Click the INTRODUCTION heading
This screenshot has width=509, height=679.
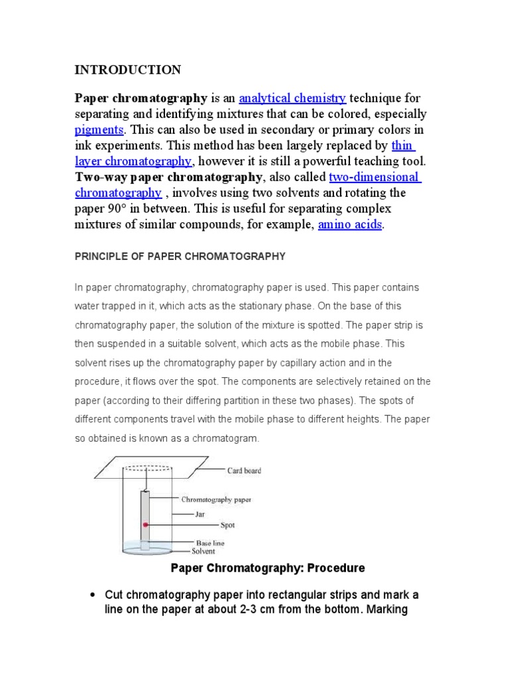coord(127,70)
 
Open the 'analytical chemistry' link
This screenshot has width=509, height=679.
coord(292,99)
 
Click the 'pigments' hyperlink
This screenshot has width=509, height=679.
coord(99,130)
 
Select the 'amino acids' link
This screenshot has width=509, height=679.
coord(350,224)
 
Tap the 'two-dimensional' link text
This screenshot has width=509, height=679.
coord(374,177)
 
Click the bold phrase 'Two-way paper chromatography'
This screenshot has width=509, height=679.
coord(169,177)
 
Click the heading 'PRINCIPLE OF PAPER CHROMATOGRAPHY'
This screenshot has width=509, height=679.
coord(180,256)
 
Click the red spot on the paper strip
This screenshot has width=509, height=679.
coord(144,525)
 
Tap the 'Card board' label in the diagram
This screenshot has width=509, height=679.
coord(244,471)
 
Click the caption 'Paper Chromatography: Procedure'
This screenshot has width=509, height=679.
coord(268,568)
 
